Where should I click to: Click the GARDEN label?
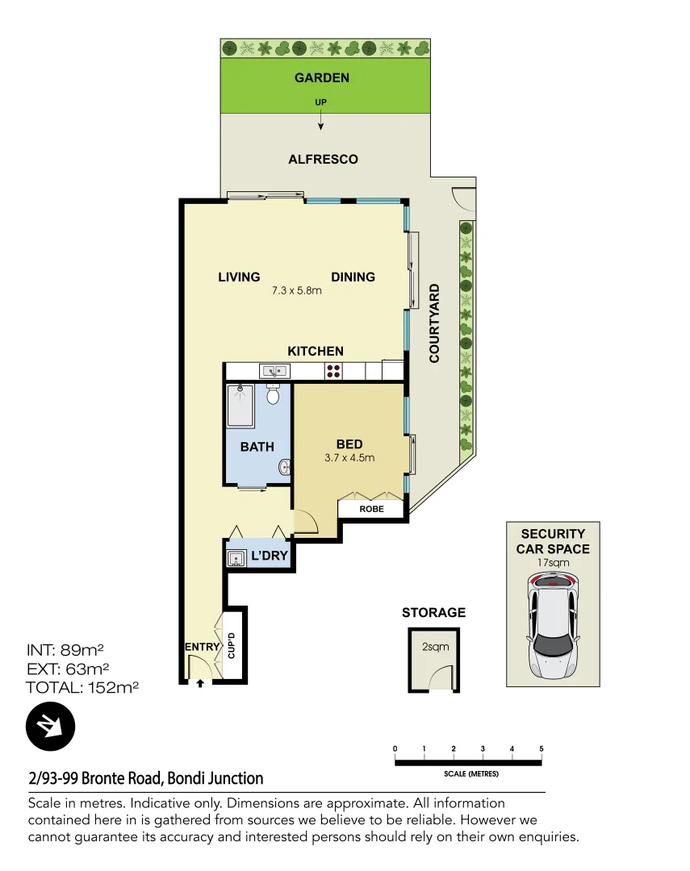pyautogui.click(x=322, y=78)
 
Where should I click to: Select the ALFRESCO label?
pyautogui.click(x=323, y=160)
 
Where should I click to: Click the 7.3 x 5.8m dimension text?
pyautogui.click(x=297, y=291)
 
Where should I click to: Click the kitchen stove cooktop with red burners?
pyautogui.click(x=333, y=371)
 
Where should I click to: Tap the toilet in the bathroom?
pyautogui.click(x=273, y=394)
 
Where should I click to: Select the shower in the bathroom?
pyautogui.click(x=241, y=406)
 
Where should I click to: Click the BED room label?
pyautogui.click(x=349, y=444)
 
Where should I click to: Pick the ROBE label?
pyautogui.click(x=370, y=510)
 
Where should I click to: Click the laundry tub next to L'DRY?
pyautogui.click(x=236, y=558)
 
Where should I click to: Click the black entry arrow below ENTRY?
pyautogui.click(x=200, y=683)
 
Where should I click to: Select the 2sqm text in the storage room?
pyautogui.click(x=434, y=646)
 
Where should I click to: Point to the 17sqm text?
pyautogui.click(x=554, y=564)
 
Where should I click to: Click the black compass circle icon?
pyautogui.click(x=50, y=727)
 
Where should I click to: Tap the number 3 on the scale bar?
pyautogui.click(x=483, y=749)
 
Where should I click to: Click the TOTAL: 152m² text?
pyautogui.click(x=82, y=688)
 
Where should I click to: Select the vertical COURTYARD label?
pyautogui.click(x=434, y=323)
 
